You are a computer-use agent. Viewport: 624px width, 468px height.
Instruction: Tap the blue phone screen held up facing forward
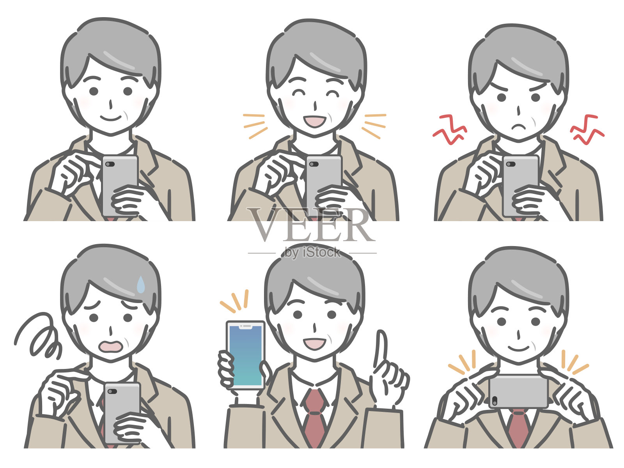246,355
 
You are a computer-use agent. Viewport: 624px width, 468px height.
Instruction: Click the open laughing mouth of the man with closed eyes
314,121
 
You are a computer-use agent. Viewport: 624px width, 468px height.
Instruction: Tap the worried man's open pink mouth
111,346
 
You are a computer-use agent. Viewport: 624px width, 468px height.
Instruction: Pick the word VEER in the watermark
311,225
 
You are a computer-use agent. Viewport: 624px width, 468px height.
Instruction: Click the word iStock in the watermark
321,252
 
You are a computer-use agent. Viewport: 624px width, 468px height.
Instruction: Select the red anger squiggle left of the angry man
450,129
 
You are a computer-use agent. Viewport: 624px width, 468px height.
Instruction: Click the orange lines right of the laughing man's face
374,126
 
